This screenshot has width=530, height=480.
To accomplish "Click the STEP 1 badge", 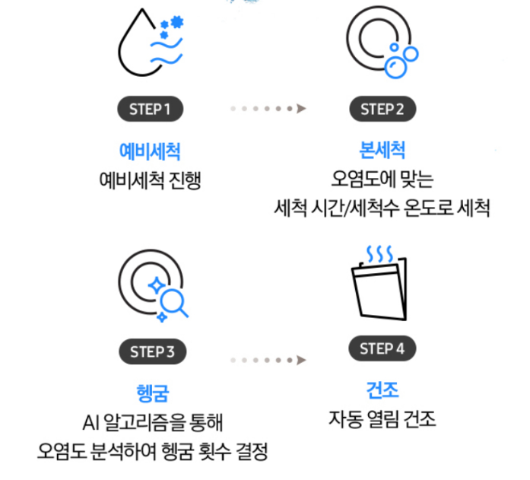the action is click(150, 109).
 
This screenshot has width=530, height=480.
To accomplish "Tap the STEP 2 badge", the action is click(382, 109).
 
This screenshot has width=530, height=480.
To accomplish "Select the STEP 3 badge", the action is click(152, 351).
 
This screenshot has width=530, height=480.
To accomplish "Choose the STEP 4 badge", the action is click(382, 348).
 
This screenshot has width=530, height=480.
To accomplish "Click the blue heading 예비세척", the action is click(150, 151).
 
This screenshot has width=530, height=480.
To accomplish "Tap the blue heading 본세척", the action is click(382, 150).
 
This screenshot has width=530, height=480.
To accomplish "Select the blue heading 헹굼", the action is click(152, 393).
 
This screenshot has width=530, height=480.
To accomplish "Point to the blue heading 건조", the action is click(382, 389).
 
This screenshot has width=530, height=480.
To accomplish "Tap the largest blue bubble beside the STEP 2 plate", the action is click(395, 68).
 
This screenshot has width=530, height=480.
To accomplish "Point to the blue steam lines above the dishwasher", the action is click(380, 254).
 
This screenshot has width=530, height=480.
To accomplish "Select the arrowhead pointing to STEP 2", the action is click(301, 109).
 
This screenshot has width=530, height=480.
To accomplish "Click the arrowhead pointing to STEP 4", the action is click(301, 360).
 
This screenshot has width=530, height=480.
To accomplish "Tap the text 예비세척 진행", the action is click(150, 180).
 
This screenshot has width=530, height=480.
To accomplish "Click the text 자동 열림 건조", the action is click(382, 419).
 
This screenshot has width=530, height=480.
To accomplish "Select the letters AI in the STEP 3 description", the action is click(90, 423).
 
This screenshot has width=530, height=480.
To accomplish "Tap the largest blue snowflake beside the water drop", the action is click(177, 21).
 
